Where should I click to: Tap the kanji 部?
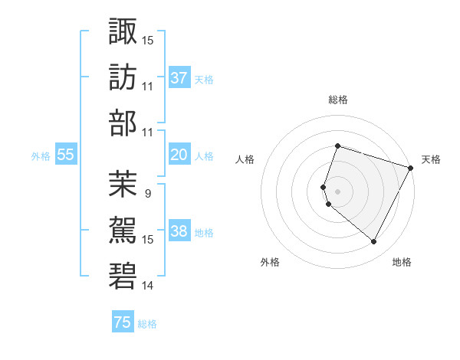[123, 123]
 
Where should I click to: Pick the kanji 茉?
[123, 183]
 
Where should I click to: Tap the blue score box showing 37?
[179, 77]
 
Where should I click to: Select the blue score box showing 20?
[179, 155]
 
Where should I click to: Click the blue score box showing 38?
[179, 231]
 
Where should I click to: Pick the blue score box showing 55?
[66, 155]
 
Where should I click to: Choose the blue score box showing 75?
[123, 322]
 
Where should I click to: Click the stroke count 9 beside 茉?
[147, 193]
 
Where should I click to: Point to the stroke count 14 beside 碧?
[148, 286]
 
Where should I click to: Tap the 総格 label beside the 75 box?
[147, 324]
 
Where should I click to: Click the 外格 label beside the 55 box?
[41, 155]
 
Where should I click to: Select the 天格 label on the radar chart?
[432, 159]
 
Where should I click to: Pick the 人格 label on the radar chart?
[245, 159]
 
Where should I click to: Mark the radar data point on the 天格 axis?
[411, 167]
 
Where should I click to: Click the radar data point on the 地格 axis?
[374, 242]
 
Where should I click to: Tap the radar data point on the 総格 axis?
[337, 146]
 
